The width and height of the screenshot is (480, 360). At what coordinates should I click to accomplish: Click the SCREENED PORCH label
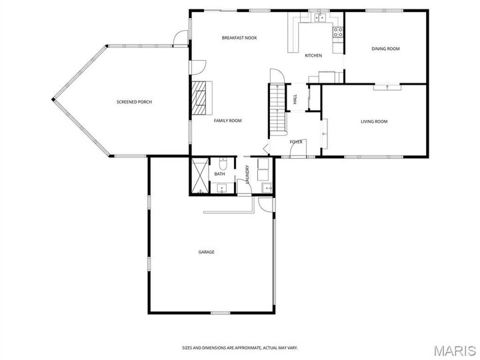click(134, 101)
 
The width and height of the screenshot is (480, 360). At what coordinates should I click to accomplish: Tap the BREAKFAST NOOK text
click(239, 37)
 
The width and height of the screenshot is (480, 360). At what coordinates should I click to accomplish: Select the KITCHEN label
click(313, 55)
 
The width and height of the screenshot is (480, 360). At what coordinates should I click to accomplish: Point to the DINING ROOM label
click(385, 49)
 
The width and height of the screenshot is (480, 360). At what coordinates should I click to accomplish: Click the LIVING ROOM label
click(374, 121)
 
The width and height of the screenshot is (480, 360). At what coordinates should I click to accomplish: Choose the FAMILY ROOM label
click(227, 121)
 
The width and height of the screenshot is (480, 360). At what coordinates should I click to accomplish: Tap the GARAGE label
click(206, 252)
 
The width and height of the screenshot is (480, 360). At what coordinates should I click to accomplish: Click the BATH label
click(219, 174)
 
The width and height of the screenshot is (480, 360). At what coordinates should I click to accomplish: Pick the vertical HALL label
click(295, 99)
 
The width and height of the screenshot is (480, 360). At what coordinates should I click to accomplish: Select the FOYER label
click(296, 142)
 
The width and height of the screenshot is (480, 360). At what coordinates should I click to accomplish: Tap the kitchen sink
click(319, 18)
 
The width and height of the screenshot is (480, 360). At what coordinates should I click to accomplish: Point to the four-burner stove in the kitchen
click(338, 32)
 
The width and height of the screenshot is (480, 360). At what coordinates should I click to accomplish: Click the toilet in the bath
click(223, 164)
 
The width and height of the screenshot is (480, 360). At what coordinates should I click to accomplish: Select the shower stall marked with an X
click(199, 176)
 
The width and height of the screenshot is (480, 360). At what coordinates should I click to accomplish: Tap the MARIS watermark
click(455, 351)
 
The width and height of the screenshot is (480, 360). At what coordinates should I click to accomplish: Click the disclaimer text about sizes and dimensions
click(240, 348)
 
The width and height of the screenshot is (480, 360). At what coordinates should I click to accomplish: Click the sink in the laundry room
click(267, 188)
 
